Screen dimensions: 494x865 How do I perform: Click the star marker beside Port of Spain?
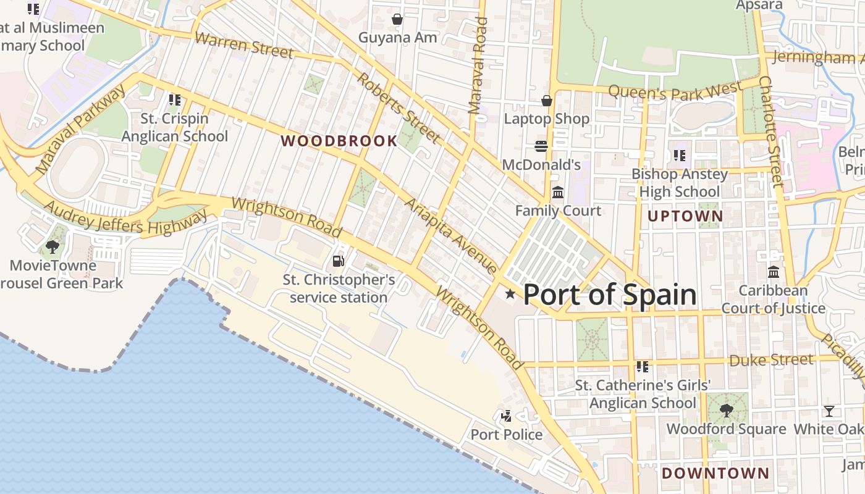(x=510, y=294)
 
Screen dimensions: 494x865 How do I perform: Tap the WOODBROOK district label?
(x=339, y=141)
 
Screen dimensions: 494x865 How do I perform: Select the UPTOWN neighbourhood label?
(x=685, y=216)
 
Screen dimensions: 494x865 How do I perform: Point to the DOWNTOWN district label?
(x=715, y=474)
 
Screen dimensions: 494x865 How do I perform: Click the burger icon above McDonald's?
(x=541, y=146)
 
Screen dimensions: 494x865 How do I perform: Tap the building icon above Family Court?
(x=558, y=193)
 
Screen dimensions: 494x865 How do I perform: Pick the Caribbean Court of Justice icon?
(x=773, y=272)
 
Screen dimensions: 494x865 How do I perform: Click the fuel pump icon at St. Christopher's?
(x=338, y=261)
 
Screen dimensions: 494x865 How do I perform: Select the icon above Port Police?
(x=507, y=416)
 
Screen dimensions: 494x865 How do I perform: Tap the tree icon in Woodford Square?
(x=727, y=410)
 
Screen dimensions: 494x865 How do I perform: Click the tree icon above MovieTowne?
(x=53, y=247)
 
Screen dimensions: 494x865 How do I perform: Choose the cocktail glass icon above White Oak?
(x=829, y=411)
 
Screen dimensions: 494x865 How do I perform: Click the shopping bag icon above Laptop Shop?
(x=546, y=100)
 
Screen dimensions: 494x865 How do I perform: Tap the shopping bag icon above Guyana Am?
(x=397, y=19)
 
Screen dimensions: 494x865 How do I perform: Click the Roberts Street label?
(x=399, y=108)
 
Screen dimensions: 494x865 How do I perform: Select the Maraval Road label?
(x=478, y=66)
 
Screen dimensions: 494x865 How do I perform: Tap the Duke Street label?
(x=771, y=359)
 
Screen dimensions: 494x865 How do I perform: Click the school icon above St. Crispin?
(x=174, y=99)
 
